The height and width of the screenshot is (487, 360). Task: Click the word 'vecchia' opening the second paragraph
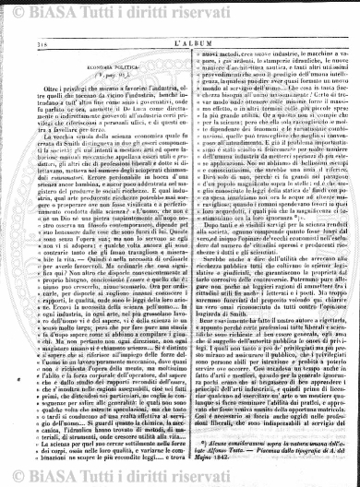point(50,150)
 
